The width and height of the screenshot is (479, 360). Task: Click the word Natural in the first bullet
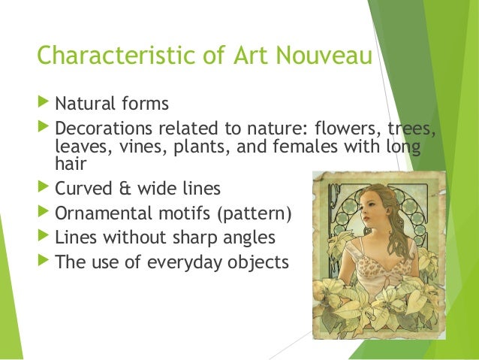click(83, 101)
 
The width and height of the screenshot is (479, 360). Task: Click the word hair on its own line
click(70, 165)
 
